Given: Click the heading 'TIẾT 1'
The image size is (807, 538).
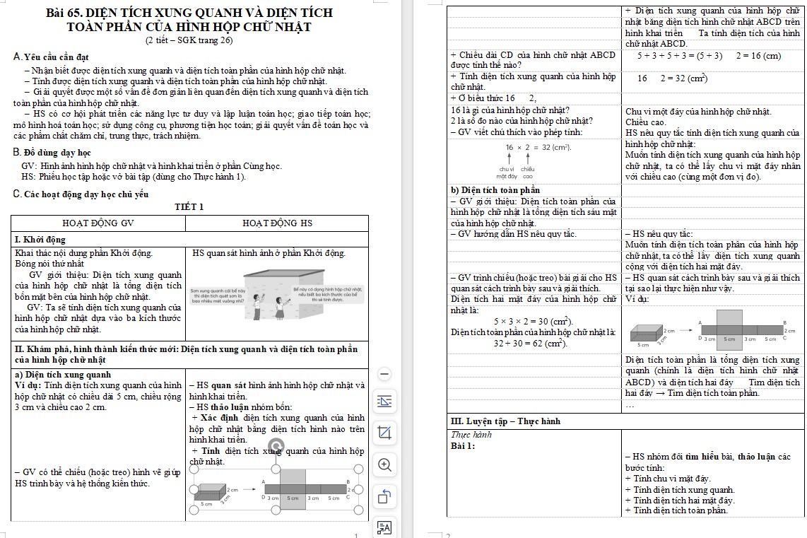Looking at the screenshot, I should [x=189, y=207].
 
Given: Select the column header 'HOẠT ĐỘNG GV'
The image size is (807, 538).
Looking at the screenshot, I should [x=98, y=223].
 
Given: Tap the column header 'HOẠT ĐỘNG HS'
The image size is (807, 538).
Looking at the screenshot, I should [x=277, y=223].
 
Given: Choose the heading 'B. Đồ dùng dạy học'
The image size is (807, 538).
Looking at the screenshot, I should [x=52, y=152].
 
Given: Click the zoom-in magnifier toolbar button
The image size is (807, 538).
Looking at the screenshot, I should [x=384, y=464].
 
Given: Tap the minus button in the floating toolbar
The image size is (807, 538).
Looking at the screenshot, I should [x=384, y=373].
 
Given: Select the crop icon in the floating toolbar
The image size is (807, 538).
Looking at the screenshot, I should [x=384, y=432].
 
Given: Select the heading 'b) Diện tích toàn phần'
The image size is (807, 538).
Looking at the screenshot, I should [x=495, y=190].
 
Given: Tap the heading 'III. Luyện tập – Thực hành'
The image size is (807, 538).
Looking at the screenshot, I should [x=505, y=421].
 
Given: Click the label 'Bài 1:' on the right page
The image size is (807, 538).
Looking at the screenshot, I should [x=463, y=445].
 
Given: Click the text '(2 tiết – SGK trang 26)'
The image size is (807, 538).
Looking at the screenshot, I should [x=189, y=41].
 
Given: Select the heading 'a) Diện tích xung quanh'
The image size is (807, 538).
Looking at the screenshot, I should [x=63, y=375].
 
